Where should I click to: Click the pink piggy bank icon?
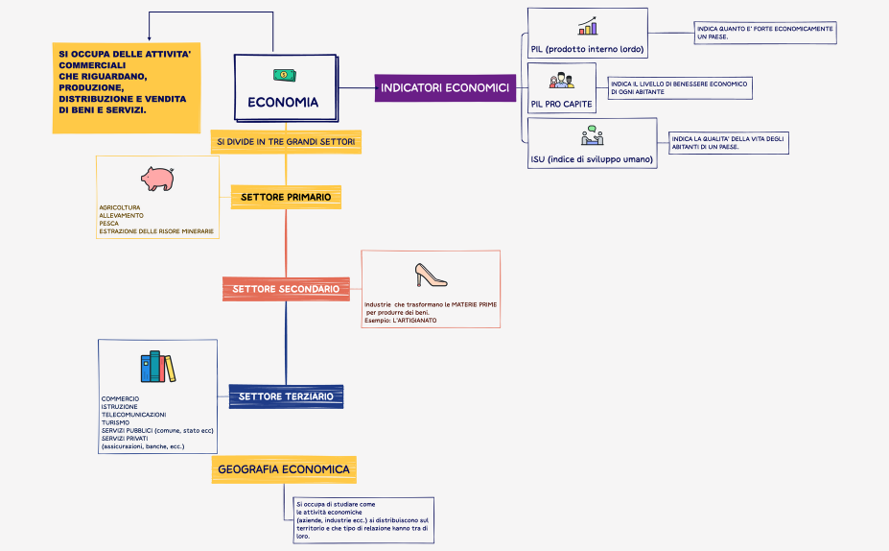(156, 178)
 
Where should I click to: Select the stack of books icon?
(158, 366)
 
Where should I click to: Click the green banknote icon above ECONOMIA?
(285, 75)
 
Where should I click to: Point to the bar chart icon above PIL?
(587, 27)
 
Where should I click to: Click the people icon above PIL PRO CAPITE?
(561, 81)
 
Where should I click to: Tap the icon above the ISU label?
(592, 135)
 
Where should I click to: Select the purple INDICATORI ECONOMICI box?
(444, 88)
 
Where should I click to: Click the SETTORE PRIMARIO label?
(286, 197)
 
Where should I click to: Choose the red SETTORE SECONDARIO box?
(285, 288)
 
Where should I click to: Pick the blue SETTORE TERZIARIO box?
(286, 395)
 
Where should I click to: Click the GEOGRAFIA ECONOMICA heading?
(284, 469)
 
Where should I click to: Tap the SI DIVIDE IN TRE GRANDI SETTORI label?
(286, 142)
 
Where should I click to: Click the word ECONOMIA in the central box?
(283, 103)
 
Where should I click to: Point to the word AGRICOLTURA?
(120, 207)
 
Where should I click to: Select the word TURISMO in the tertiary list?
(116, 422)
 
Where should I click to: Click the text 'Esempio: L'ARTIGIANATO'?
(400, 320)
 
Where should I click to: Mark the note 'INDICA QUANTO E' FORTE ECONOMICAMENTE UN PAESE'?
(764, 34)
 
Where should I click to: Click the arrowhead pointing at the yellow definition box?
(150, 37)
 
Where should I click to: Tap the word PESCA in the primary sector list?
(108, 223)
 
